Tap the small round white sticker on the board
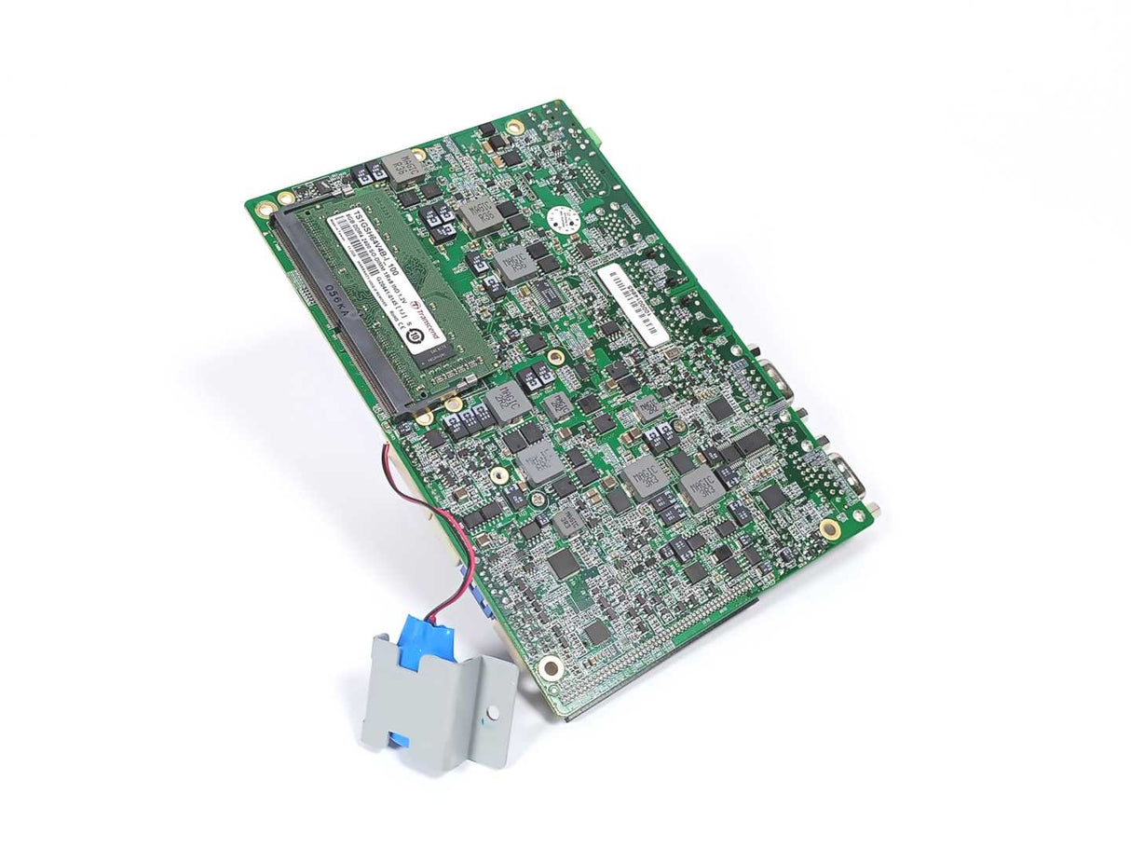click(562, 217)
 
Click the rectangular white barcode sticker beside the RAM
click(633, 302)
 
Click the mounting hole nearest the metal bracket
click(552, 666)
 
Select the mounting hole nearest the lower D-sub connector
click(829, 528)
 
